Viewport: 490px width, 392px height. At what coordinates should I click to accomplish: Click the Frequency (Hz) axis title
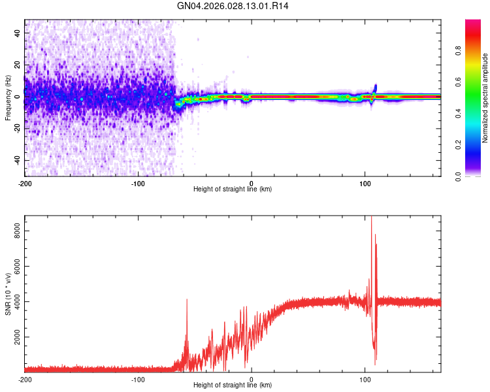tap(8, 98)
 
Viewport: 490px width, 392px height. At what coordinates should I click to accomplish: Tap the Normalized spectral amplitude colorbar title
tap(485, 98)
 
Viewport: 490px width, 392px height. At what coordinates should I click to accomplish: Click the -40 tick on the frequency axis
tap(16, 160)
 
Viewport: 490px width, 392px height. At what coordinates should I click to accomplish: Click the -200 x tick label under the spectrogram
tap(25, 182)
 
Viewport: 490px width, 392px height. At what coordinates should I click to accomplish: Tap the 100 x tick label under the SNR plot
tap(365, 380)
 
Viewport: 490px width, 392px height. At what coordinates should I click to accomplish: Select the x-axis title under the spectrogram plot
tap(233, 189)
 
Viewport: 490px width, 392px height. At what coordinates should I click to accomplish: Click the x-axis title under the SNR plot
tap(233, 387)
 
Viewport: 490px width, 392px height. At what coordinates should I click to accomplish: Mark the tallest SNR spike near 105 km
tap(372, 219)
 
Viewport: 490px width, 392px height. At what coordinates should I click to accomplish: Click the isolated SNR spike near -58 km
tap(187, 301)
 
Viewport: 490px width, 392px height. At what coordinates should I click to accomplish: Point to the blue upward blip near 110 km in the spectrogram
tap(375, 88)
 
